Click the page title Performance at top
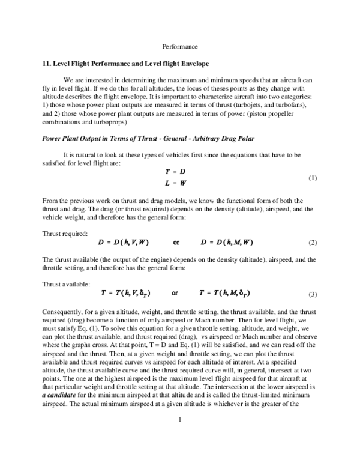(180, 46)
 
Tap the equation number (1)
(312, 178)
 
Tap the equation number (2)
(312, 243)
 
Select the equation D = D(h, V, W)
(124, 242)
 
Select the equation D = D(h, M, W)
(227, 242)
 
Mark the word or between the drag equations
(176, 243)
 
